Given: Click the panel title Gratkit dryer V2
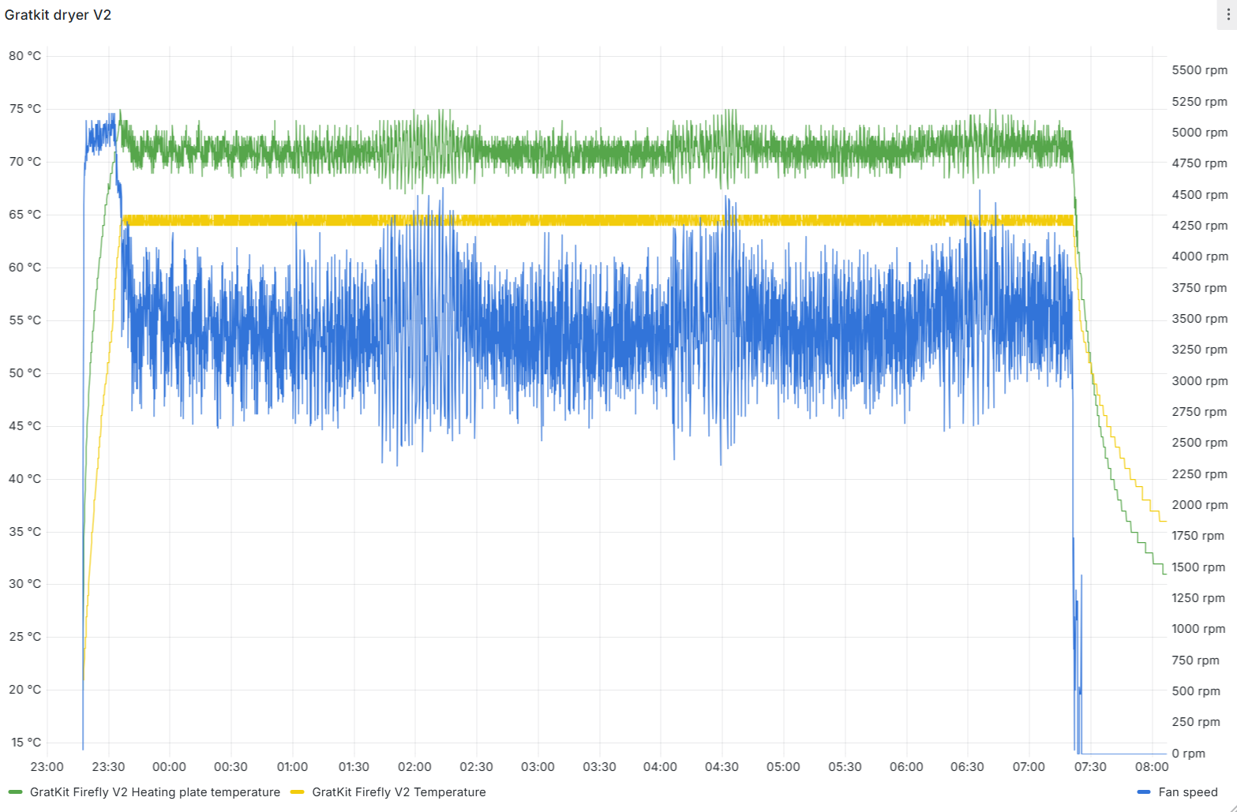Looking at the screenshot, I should point(58,15).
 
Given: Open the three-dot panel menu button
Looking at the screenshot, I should point(1227,16).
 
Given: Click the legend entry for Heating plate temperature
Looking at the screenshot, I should point(155,792).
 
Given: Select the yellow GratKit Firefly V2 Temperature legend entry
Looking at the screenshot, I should point(399,792).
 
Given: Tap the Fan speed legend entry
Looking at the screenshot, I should point(1187,792).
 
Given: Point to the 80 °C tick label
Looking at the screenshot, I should point(24,56).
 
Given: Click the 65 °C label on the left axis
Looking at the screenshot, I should point(24,215).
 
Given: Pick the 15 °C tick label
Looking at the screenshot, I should point(24,743).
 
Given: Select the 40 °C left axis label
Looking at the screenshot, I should point(24,479).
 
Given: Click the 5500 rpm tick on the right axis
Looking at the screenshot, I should point(1199,70).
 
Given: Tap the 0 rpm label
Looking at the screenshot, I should point(1189,754).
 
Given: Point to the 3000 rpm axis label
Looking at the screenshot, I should point(1199,381).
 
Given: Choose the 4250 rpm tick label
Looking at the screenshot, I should point(1199,226).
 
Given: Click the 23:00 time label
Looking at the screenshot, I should point(47,767).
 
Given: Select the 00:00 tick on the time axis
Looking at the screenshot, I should point(169,767).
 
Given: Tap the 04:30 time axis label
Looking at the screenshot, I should point(722,767).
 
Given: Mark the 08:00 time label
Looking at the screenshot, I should point(1151,767).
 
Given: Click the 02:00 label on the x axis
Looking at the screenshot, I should point(414,767).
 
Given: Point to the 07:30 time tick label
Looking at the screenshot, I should point(1090,767).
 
